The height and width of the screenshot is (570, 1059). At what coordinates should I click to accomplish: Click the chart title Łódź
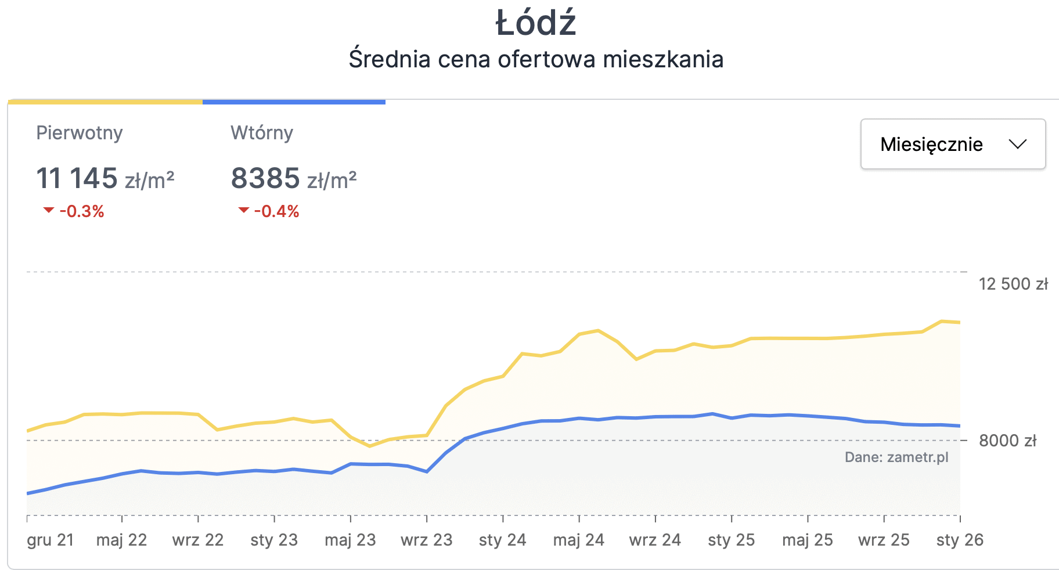click(x=535, y=23)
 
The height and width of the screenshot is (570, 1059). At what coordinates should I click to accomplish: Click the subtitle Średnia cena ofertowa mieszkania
click(x=535, y=59)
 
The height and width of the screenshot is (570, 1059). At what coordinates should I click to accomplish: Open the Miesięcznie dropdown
click(x=953, y=144)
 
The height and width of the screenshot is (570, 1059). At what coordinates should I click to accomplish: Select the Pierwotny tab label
click(x=80, y=133)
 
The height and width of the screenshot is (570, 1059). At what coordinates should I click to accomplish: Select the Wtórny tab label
click(x=262, y=133)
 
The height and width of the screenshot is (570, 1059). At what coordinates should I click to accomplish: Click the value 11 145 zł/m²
click(x=105, y=178)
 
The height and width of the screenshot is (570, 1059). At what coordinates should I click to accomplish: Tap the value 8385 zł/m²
click(x=294, y=178)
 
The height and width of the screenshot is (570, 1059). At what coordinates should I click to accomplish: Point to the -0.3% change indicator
click(x=74, y=211)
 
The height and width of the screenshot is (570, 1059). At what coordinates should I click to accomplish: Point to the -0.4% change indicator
click(x=269, y=211)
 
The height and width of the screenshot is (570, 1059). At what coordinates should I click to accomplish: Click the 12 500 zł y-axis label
click(x=1013, y=284)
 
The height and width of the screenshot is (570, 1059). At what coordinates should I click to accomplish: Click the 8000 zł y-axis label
click(x=1007, y=441)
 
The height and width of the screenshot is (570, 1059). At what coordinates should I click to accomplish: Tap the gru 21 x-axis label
click(x=51, y=540)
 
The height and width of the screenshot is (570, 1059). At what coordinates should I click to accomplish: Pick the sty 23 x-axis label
click(x=274, y=540)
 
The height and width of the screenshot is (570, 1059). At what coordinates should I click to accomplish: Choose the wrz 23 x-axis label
click(x=427, y=540)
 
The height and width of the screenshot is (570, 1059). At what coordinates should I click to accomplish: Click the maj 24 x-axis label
click(x=579, y=540)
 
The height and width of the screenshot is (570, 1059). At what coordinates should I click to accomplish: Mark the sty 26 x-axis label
click(x=960, y=540)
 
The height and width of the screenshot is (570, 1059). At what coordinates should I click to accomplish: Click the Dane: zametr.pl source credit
click(x=896, y=457)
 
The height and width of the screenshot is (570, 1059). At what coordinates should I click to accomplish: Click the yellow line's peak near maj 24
click(x=598, y=331)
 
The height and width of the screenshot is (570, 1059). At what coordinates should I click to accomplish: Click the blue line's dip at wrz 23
click(x=427, y=471)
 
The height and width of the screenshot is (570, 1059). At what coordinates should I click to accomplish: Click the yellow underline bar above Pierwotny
click(x=105, y=102)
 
